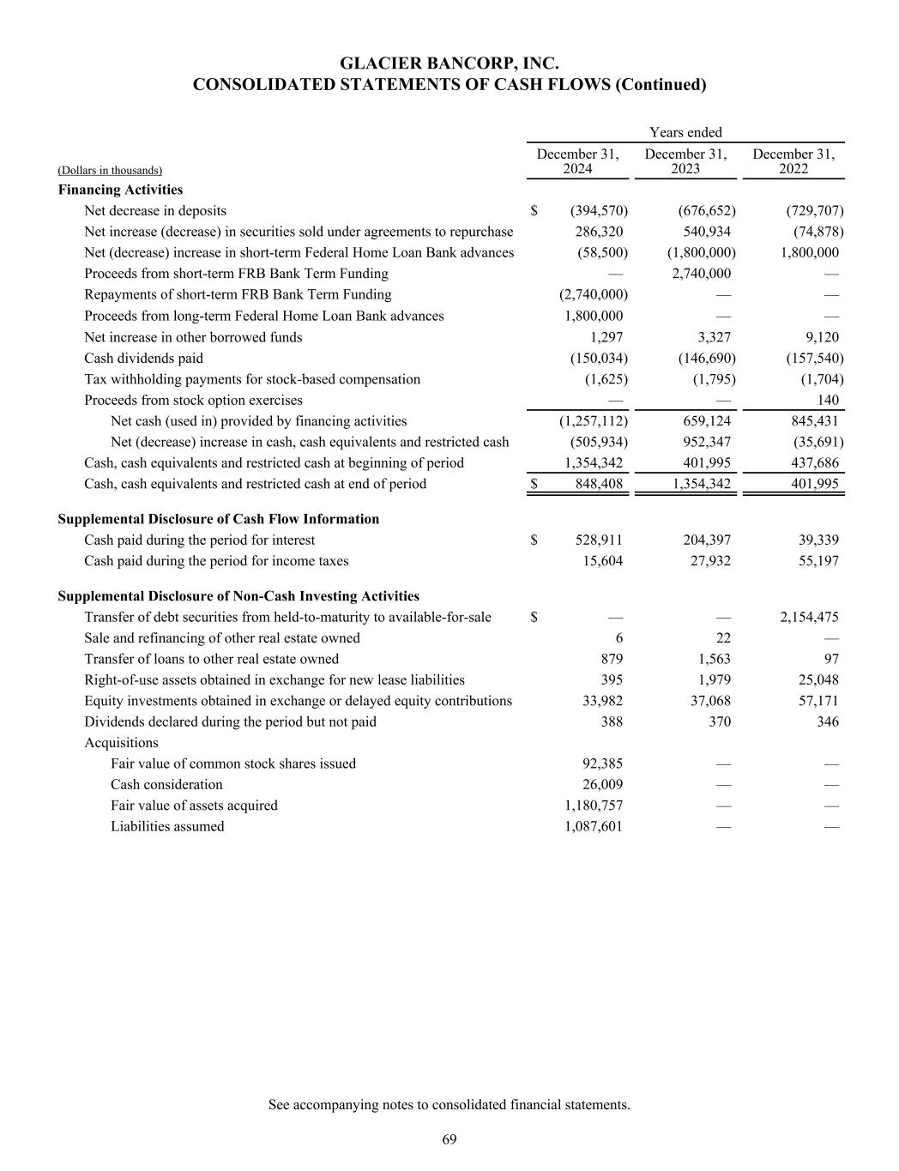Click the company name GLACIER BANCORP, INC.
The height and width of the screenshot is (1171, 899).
[x=449, y=63]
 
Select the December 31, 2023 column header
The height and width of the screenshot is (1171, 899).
[x=685, y=161]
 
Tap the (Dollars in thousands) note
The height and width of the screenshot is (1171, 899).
[x=110, y=171]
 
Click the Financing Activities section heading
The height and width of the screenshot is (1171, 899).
[x=120, y=190]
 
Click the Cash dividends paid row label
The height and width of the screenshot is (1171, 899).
[x=143, y=358]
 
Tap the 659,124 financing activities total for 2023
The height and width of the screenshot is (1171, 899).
[x=706, y=420]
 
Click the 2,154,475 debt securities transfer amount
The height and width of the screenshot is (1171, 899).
[x=809, y=617]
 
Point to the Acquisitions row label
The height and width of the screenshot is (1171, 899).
[x=121, y=743]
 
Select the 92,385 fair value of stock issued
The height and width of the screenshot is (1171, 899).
[x=600, y=764]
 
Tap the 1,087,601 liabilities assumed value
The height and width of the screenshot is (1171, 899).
[x=594, y=826]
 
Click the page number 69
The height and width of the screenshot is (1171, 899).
[x=449, y=1139]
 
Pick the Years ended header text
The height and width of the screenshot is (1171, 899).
[x=685, y=132]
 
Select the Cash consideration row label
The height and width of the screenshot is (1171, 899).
[x=166, y=784]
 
